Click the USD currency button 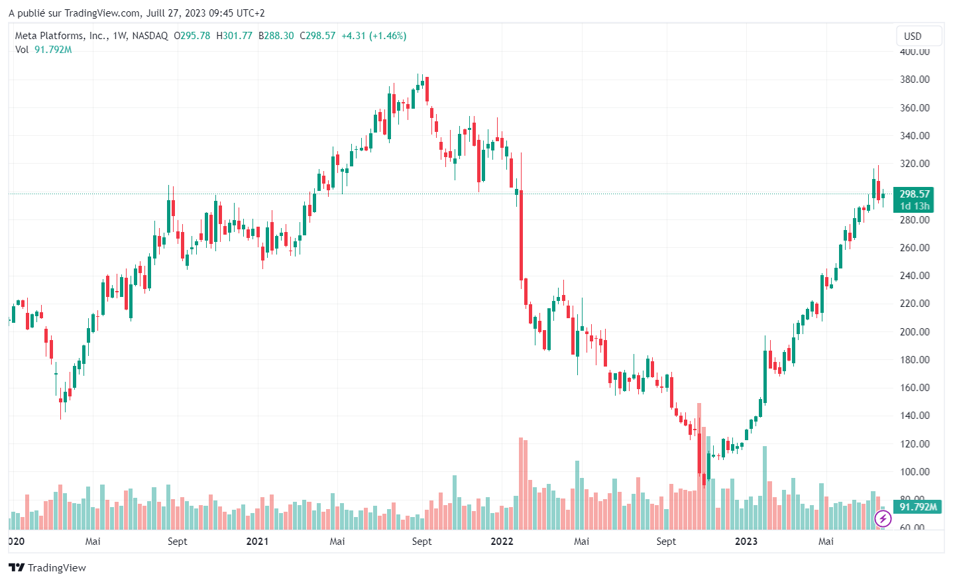[x=913, y=36]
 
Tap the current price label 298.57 [x=914, y=194]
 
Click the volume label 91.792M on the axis [x=918, y=507]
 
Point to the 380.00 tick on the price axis [x=915, y=80]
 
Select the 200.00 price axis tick [x=915, y=331]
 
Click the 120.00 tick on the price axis [x=915, y=443]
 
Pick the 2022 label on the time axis [x=502, y=542]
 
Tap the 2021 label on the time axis [x=257, y=542]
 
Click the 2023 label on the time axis [x=746, y=542]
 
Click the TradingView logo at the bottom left [x=47, y=567]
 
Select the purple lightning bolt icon [x=883, y=518]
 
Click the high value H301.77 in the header [x=234, y=36]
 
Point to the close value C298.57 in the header [x=317, y=36]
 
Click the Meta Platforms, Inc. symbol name [x=60, y=36]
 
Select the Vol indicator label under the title [x=22, y=50]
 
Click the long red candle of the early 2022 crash [x=521, y=235]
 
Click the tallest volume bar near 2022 [x=521, y=483]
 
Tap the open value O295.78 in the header [x=192, y=36]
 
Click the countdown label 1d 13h [x=914, y=206]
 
